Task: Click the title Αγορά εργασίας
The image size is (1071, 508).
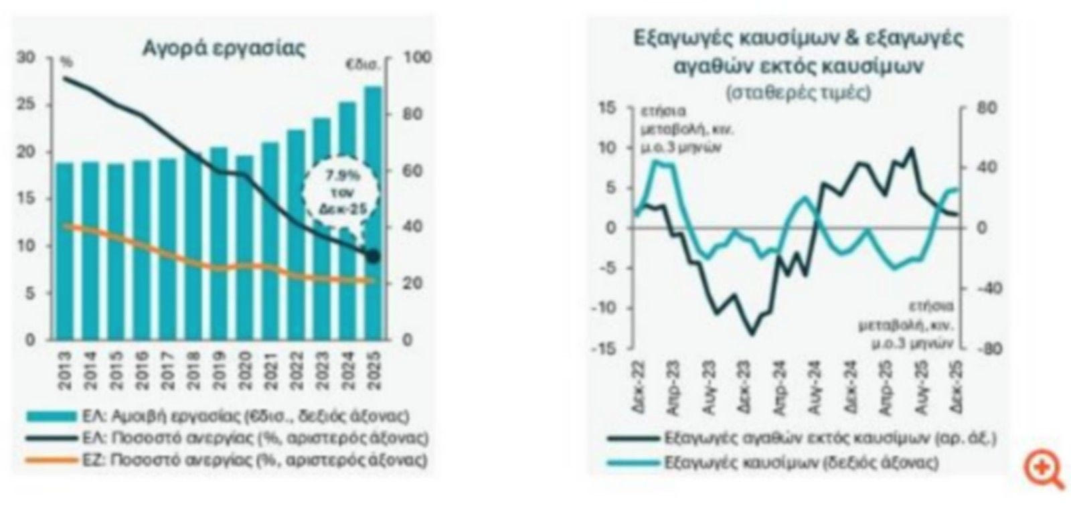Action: click(224, 48)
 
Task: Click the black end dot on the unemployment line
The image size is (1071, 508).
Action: click(373, 256)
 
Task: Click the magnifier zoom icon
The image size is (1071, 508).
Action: click(1044, 469)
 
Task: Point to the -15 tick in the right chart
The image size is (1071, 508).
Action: click(604, 349)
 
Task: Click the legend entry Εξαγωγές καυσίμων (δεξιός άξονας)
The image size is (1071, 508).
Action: click(802, 462)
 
